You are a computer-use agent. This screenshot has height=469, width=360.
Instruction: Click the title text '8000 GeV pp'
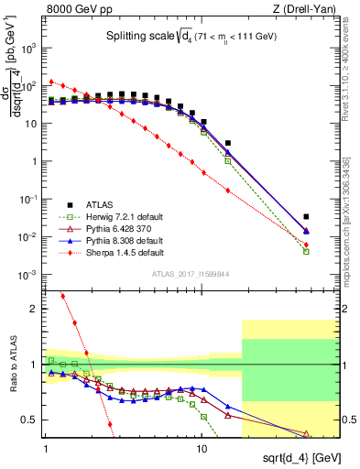pos(72,9)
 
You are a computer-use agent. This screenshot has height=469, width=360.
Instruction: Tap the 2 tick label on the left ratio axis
pos(35,309)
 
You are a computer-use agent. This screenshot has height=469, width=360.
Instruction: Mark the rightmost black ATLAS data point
pos(307,217)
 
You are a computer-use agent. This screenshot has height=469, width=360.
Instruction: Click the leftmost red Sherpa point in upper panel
pos(51,81)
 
